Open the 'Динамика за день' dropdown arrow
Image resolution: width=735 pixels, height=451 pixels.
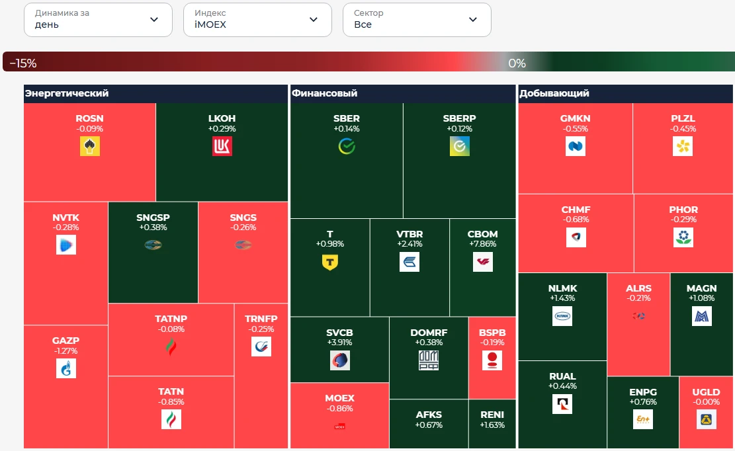(153, 20)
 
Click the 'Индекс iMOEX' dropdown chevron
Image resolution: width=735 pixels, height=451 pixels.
(314, 20)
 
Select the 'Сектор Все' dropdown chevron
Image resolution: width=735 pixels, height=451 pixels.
(473, 20)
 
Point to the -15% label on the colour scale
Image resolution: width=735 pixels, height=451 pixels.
(23, 63)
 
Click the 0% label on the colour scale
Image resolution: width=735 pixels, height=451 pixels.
(517, 63)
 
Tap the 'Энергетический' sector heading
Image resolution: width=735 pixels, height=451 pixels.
(67, 93)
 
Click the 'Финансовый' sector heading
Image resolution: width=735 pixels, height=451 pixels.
(324, 93)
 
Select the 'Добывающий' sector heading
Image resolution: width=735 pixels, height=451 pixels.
(554, 93)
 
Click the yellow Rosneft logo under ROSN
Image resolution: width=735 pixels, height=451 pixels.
(89, 146)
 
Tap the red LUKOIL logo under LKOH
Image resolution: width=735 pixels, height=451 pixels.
(222, 146)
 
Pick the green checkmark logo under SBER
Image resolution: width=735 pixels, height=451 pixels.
(347, 146)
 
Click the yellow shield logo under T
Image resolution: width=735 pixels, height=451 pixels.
(330, 262)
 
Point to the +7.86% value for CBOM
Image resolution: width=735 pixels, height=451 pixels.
(483, 244)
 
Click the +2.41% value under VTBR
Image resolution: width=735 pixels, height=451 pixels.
(410, 244)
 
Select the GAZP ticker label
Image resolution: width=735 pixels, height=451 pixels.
(65, 341)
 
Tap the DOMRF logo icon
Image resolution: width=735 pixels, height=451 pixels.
(429, 360)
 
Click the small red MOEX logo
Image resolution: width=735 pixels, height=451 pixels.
(340, 427)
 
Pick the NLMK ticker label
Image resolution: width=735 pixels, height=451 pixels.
(562, 288)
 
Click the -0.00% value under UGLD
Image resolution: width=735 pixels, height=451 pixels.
(707, 402)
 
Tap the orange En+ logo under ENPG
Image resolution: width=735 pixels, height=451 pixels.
(643, 419)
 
